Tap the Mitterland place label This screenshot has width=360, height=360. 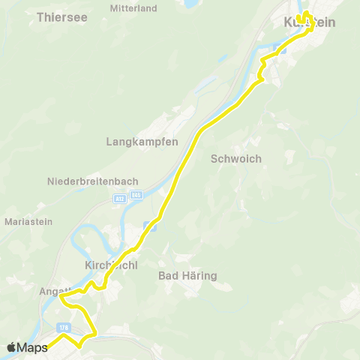(133, 8)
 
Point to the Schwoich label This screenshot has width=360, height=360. (235, 158)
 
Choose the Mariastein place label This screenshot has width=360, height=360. (28, 222)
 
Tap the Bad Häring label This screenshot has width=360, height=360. (188, 276)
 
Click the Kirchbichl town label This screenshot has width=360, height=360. (110, 265)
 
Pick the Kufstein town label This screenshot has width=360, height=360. (309, 23)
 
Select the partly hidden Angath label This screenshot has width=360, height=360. (56, 291)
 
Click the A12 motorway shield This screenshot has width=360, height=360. (120, 198)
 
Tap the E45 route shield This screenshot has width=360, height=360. (136, 196)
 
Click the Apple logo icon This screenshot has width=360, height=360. (13, 347)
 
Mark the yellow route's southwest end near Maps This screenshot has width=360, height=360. (49, 346)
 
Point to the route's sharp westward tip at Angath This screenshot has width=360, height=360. (61, 298)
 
